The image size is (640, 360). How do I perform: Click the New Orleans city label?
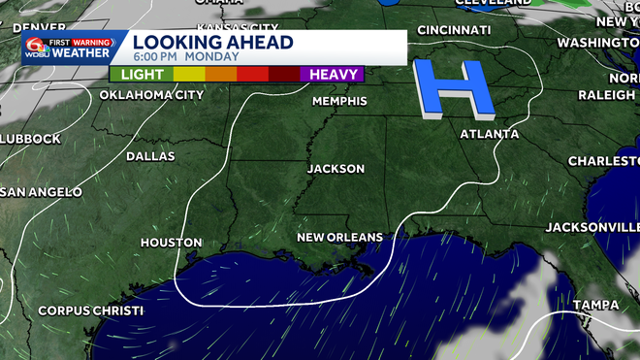coord(339,237)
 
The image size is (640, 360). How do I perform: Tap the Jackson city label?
coord(336,169)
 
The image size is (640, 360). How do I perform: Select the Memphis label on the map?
coord(339,101)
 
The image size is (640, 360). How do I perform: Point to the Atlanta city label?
coord(489,134)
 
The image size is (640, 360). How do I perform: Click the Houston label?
coord(171,243)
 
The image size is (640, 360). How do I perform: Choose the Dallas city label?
coord(150,156)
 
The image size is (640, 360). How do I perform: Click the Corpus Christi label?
coord(91,311)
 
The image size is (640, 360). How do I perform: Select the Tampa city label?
coord(595,305)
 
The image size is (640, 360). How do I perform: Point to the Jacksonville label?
coord(592,227)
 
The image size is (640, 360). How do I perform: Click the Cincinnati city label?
coord(454,31)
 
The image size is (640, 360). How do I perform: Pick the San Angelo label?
coord(41,192)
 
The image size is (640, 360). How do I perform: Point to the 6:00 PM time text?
coord(154,57)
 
